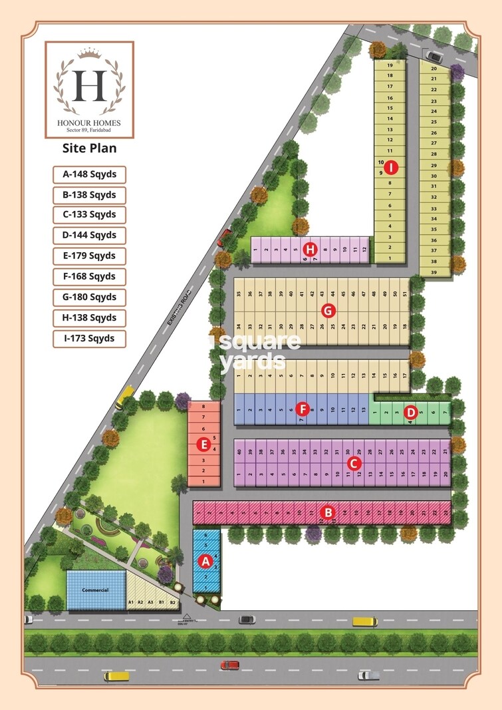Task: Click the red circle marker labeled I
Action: point(392,168)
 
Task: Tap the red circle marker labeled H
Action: point(310,250)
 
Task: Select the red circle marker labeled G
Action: point(327,310)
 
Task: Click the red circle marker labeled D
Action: point(411,413)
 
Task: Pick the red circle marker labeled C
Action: point(354,462)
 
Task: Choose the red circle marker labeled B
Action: point(327,512)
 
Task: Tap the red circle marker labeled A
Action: point(205,561)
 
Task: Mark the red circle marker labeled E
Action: point(205,443)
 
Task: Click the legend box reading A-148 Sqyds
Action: point(90,174)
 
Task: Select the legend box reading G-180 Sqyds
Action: point(90,297)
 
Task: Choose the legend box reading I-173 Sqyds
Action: point(90,338)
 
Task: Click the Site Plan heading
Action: point(89,148)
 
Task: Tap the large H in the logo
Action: point(90,85)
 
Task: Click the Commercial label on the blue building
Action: point(95,590)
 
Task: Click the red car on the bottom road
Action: point(230,665)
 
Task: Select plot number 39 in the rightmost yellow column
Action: point(434,272)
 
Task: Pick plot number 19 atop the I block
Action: point(390,65)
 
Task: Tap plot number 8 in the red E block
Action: point(203,406)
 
